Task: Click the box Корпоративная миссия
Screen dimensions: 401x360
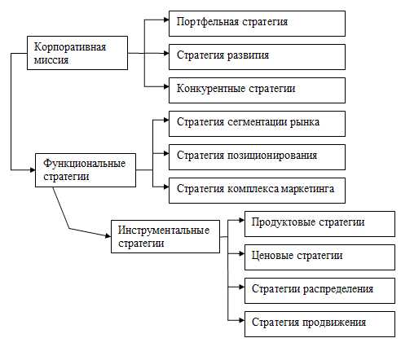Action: point(77,53)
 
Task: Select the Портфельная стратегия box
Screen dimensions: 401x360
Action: point(257,24)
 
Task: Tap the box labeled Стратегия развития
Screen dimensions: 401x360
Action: point(257,57)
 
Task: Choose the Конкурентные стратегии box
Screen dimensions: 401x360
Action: point(257,90)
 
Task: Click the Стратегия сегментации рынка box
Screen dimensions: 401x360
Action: point(257,124)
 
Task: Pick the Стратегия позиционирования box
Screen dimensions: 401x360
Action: point(257,157)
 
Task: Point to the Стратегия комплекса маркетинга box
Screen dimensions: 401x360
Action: point(257,191)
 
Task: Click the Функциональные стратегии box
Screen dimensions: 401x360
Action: point(86,170)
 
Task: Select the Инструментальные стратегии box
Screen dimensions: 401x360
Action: point(165,237)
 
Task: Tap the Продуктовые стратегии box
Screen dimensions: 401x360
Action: point(319,224)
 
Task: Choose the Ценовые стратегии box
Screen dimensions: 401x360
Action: point(319,257)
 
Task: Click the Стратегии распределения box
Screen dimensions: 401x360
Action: point(319,291)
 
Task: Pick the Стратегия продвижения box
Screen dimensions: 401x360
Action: point(319,324)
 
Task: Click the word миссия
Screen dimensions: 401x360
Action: point(51,60)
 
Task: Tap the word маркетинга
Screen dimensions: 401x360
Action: point(307,189)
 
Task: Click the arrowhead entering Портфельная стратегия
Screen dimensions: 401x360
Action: point(166,20)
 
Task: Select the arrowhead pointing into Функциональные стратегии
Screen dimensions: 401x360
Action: point(33,170)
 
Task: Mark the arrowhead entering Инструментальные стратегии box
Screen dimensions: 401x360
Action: point(108,235)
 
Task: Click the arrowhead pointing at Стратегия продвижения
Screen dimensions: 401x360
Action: point(242,320)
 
